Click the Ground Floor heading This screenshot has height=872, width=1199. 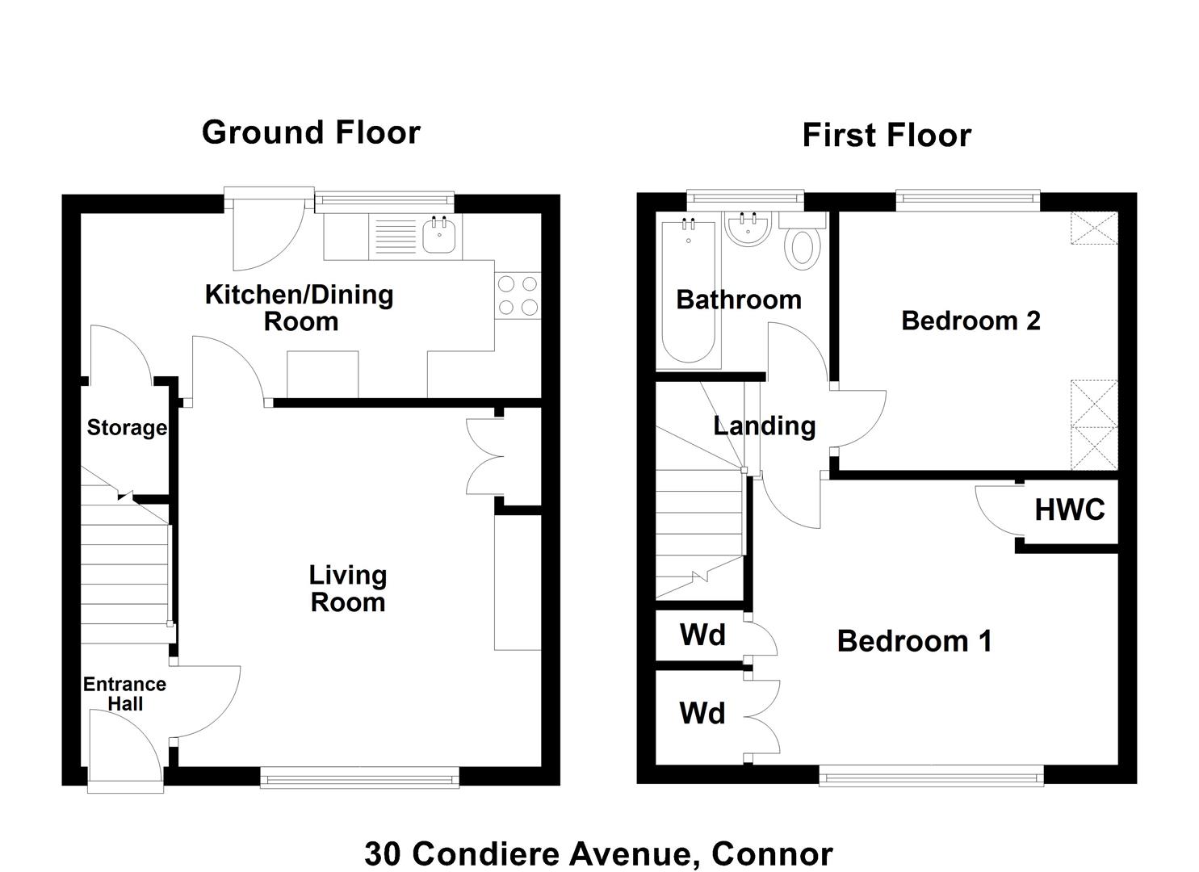(x=311, y=132)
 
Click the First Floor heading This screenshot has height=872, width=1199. (x=887, y=135)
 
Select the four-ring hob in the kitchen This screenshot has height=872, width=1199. (x=518, y=296)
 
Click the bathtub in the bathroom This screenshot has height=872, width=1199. (x=689, y=292)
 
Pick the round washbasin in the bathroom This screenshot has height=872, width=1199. (x=748, y=228)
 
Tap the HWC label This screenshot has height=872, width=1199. (x=1070, y=509)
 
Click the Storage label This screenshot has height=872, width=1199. (x=127, y=428)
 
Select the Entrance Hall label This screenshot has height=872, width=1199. (x=124, y=694)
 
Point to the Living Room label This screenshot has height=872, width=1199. (x=348, y=589)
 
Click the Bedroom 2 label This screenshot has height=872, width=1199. (x=971, y=321)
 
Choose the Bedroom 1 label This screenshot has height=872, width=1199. (x=914, y=641)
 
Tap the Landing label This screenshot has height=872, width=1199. (x=765, y=426)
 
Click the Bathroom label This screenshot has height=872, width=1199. (x=739, y=300)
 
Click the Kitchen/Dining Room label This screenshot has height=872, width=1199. (x=300, y=308)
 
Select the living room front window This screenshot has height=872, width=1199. (x=360, y=777)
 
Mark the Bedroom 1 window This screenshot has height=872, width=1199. (x=932, y=774)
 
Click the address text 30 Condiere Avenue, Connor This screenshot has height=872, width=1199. (x=598, y=853)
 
